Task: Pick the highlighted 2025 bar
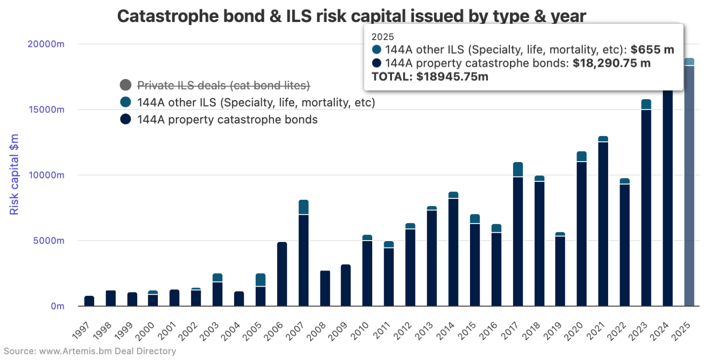pyautogui.click(x=689, y=184)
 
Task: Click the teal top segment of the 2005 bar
pyautogui.click(x=261, y=280)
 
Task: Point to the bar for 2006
pyautogui.click(x=282, y=274)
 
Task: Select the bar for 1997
pyautogui.click(x=90, y=301)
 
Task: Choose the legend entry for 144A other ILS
pyautogui.click(x=256, y=102)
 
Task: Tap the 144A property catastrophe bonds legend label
pyautogui.click(x=227, y=120)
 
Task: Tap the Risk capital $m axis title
pyautogui.click(x=15, y=175)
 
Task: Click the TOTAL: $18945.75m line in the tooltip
pyautogui.click(x=430, y=77)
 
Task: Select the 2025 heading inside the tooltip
pyautogui.click(x=382, y=37)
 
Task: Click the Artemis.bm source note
pyautogui.click(x=89, y=352)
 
